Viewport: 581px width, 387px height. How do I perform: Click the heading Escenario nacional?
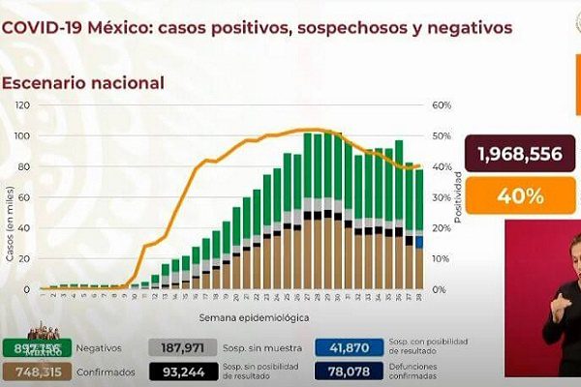tap(82, 83)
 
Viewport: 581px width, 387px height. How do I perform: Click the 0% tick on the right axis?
tap(439, 289)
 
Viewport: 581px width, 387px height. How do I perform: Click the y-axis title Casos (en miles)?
tap(9, 227)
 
